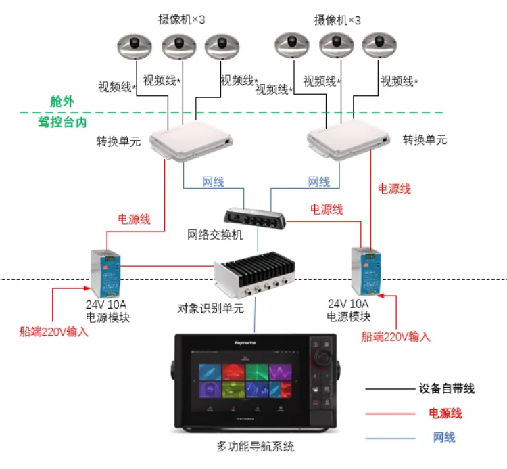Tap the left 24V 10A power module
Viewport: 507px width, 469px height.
[x=106, y=273]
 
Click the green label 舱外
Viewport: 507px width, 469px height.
[x=62, y=101]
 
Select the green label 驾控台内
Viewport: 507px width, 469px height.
[x=62, y=121]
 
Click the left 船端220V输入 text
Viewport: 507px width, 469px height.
[x=54, y=332]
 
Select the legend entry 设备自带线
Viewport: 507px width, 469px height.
[x=447, y=388]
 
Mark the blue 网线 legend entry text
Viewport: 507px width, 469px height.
[x=444, y=437]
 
